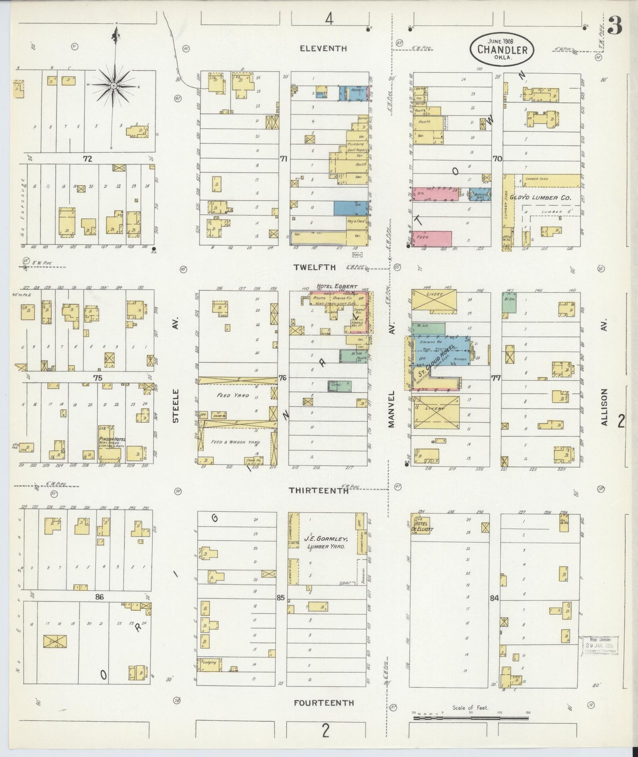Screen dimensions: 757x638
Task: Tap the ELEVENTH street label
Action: coord(323,49)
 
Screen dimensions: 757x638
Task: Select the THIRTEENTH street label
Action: coord(318,490)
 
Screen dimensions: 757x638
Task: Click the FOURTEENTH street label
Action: coord(324,702)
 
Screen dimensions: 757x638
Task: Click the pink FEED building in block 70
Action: coord(433,238)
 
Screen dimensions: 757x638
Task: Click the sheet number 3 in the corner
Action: coord(615,26)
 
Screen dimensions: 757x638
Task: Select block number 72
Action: coord(87,159)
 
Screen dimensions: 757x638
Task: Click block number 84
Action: coord(494,598)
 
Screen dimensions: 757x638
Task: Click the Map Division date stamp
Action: coord(600,645)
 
